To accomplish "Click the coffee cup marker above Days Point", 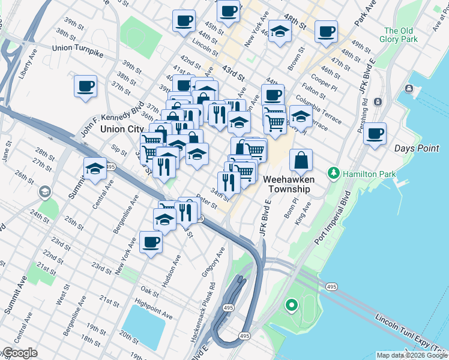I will click(x=375, y=134).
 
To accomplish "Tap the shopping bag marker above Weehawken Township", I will click(x=301, y=160).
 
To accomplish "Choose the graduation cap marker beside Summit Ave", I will click(x=95, y=169).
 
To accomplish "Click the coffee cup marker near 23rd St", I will click(x=151, y=242).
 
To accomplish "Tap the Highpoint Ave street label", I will click(x=153, y=310).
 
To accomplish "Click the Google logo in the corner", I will click(x=19, y=353).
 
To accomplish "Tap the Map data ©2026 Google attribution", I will click(x=411, y=355).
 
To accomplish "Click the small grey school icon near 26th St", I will click(x=44, y=192).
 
